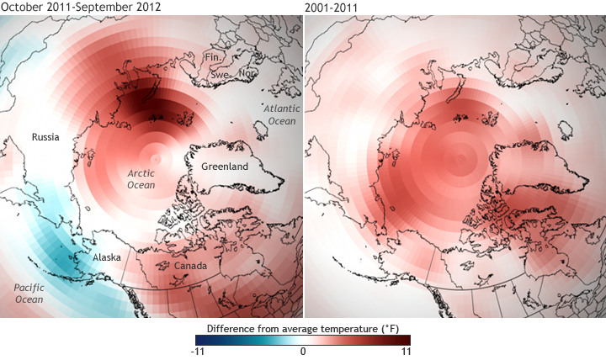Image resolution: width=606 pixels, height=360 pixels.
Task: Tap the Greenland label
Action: tap(224, 167)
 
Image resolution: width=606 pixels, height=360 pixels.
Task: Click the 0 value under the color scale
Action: tap(303, 352)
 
